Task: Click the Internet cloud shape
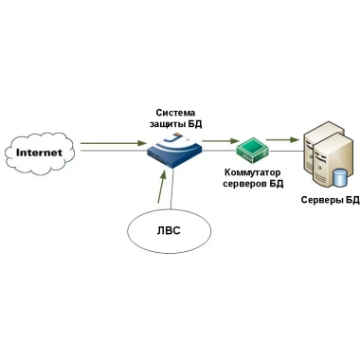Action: [x=40, y=153]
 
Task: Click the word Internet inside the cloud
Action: [x=39, y=153]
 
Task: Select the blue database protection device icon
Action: [x=174, y=150]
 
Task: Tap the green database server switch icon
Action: [x=253, y=151]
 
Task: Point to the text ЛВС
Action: [x=169, y=230]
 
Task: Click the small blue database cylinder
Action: [x=340, y=178]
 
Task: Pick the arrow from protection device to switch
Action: [x=220, y=141]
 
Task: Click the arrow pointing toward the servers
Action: [x=282, y=139]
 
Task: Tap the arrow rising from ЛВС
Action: [x=162, y=187]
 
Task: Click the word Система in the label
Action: [x=175, y=113]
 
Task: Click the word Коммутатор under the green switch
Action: [x=253, y=172]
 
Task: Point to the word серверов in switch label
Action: [x=244, y=184]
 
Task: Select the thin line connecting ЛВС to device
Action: [x=171, y=189]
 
